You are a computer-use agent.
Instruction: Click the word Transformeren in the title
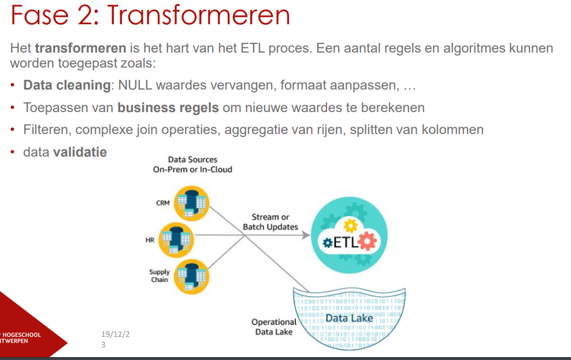pyautogui.click(x=198, y=16)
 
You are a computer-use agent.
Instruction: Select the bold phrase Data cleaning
pyautogui.click(x=66, y=86)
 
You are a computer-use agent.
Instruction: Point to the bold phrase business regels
pyautogui.click(x=168, y=107)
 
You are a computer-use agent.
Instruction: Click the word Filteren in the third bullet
pyautogui.click(x=45, y=130)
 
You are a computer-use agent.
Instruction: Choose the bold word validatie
pyautogui.click(x=80, y=153)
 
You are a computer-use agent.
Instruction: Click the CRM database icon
pyautogui.click(x=191, y=204)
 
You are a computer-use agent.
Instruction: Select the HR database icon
pyautogui.click(x=175, y=239)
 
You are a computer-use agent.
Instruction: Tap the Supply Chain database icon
pyautogui.click(x=191, y=276)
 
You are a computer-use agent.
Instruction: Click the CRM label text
pyautogui.click(x=163, y=203)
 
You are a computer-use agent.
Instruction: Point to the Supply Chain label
pyautogui.click(x=160, y=276)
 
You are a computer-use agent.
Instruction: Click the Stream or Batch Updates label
pyautogui.click(x=270, y=222)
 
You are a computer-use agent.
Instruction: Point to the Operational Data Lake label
pyautogui.click(x=274, y=326)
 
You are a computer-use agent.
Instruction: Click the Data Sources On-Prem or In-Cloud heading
pyautogui.click(x=192, y=164)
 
